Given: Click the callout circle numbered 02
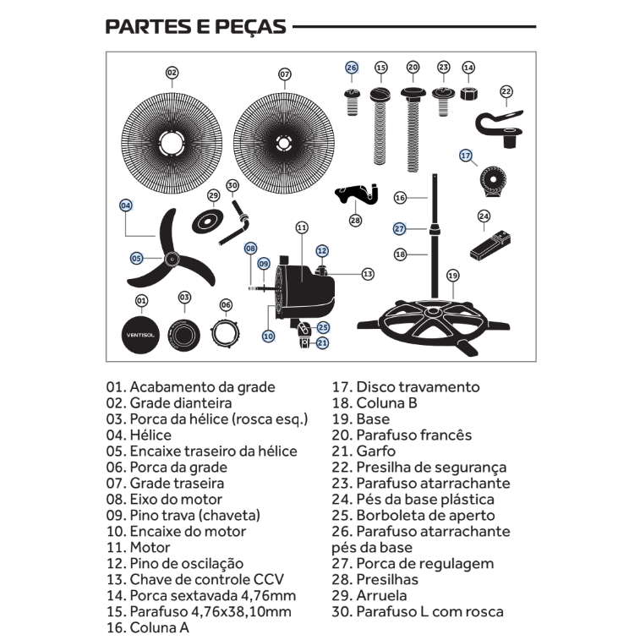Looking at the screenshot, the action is click(x=172, y=73).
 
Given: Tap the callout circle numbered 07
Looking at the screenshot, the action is click(x=284, y=74).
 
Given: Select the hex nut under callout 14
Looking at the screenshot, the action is click(x=468, y=94).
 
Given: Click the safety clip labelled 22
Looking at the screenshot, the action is click(x=499, y=128).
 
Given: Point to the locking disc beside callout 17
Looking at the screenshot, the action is click(x=493, y=180).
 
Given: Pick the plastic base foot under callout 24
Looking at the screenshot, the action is click(x=490, y=246).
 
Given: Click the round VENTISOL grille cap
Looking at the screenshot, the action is click(x=140, y=335).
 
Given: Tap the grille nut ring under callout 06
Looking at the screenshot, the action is click(x=225, y=333).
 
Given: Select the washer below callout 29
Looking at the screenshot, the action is click(x=208, y=222).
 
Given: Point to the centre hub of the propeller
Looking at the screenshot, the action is click(x=172, y=259).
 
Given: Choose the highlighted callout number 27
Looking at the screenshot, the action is click(x=399, y=228).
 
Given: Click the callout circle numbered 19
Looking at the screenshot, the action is click(x=452, y=276).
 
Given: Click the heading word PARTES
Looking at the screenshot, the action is click(x=148, y=26).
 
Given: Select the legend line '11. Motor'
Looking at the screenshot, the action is click(x=138, y=547).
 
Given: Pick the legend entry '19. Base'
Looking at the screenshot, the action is click(x=361, y=419).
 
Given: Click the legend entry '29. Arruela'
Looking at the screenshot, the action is click(x=369, y=595).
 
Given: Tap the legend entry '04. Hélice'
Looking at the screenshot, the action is click(x=139, y=435).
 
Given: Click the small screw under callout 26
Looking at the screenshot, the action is click(x=352, y=102).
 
